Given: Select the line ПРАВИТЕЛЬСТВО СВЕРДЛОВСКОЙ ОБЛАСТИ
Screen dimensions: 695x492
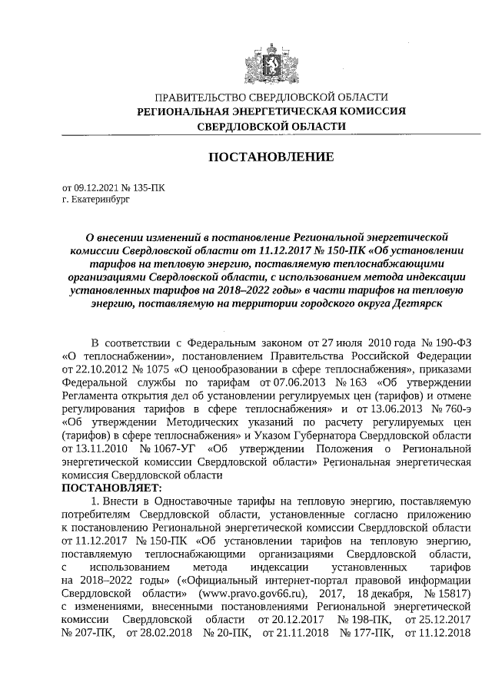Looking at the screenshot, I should [261, 98].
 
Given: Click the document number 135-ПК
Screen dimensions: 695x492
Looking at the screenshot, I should [148, 187].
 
